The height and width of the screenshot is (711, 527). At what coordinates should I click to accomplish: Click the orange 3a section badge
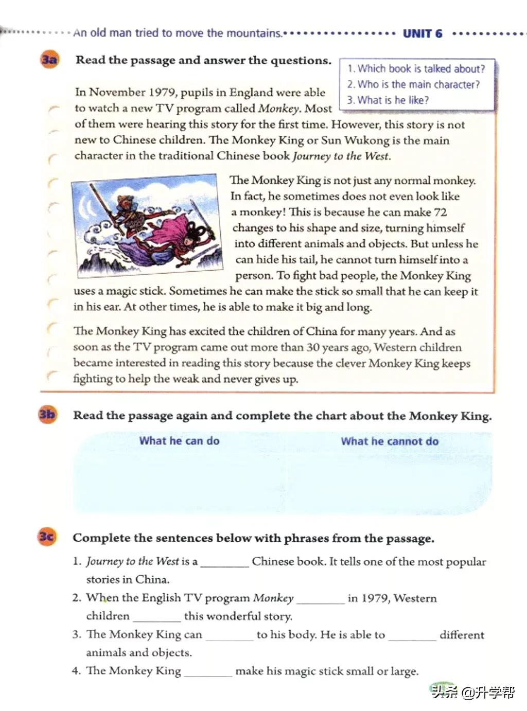[49, 60]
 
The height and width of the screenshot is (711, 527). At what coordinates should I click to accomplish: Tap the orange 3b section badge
[47, 414]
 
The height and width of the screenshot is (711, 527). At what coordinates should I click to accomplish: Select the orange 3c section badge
[46, 537]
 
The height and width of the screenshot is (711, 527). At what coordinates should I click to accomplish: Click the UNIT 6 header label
[423, 33]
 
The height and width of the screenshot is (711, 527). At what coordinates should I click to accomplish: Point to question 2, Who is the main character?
[413, 84]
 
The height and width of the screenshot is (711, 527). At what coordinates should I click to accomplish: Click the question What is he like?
[388, 100]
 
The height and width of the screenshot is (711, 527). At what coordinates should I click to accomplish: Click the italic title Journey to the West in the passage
[341, 156]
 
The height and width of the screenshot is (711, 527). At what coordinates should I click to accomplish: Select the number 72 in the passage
[440, 212]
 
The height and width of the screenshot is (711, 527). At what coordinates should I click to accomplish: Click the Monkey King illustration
[147, 225]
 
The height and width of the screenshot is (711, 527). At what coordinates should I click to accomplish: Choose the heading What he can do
[179, 440]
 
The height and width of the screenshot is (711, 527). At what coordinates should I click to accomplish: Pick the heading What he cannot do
[390, 441]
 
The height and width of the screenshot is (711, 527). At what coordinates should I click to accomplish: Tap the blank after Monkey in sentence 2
[320, 599]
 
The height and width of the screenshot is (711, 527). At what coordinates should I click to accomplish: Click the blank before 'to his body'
[229, 636]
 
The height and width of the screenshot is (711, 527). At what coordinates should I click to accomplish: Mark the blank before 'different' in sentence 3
[412, 636]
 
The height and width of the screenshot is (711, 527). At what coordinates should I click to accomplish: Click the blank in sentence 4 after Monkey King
[207, 672]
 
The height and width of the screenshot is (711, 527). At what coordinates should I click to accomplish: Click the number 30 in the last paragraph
[313, 347]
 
